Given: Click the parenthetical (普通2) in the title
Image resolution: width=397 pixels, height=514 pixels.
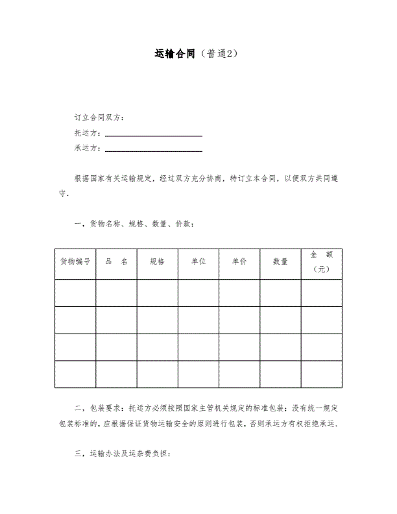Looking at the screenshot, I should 221,53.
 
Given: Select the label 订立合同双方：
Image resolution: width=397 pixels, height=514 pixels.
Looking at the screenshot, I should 100,117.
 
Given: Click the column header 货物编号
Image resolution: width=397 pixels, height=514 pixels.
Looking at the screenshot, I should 75,262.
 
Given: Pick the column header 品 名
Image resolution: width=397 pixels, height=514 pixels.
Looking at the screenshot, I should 116,262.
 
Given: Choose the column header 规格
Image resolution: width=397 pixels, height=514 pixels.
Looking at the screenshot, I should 157,262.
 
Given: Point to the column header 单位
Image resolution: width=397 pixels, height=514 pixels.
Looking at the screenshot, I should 198,262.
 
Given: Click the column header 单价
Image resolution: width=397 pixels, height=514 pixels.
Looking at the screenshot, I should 239,262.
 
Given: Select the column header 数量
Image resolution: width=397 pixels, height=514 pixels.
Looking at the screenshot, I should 280,262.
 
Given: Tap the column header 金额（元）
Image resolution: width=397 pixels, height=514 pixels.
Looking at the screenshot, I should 322,262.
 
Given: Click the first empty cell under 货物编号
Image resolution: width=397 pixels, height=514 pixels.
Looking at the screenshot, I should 75,293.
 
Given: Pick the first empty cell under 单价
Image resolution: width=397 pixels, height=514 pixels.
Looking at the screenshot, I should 239,293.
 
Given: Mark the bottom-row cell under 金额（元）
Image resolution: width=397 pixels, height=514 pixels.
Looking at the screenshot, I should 322,374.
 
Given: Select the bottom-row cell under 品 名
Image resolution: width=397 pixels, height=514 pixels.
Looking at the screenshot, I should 116,374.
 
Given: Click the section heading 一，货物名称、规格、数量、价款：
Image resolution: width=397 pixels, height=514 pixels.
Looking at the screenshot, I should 134,225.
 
